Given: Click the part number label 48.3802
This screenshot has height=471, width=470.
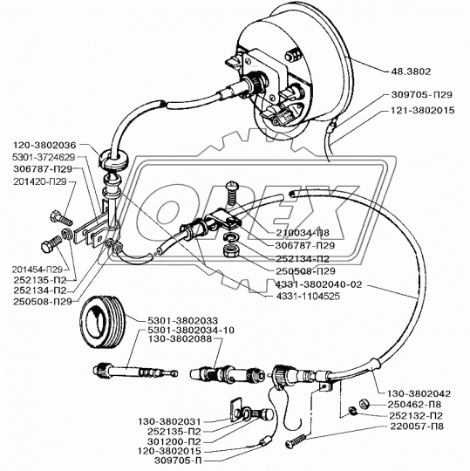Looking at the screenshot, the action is pos(411,72).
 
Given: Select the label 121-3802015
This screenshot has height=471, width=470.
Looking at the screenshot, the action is pos(422,111).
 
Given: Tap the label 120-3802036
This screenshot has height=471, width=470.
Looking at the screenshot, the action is pos(44,146).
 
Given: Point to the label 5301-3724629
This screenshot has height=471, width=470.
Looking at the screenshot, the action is pos(44,157).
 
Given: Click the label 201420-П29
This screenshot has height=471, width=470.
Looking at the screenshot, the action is pos(40,181).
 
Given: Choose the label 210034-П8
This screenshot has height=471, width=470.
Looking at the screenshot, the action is pos(303,233).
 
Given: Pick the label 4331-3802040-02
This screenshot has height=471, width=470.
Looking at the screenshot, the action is pos(318,284).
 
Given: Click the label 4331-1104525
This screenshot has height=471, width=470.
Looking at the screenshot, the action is pos(308,297).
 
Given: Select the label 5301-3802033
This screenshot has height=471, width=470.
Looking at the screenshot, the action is pos(182,321).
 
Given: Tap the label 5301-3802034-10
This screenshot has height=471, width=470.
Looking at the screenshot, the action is pos(191,330).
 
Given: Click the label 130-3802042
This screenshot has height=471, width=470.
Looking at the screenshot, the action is pos(419,393).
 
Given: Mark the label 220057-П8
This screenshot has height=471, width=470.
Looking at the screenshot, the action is pos(417,427).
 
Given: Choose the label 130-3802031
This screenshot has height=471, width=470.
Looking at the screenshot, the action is pos(169,422).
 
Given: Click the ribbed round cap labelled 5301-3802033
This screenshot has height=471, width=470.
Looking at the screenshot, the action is pos(103,323).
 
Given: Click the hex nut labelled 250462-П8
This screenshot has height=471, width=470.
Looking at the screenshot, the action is pos(364,405).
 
